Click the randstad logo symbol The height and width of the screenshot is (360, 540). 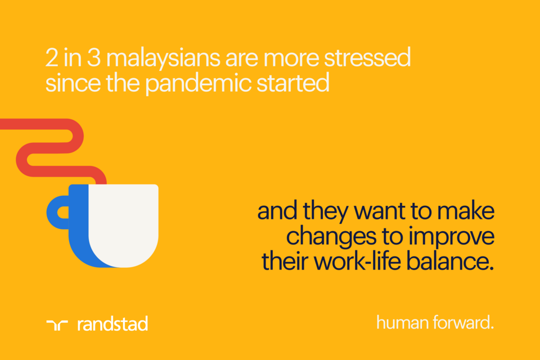coord(57,324)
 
